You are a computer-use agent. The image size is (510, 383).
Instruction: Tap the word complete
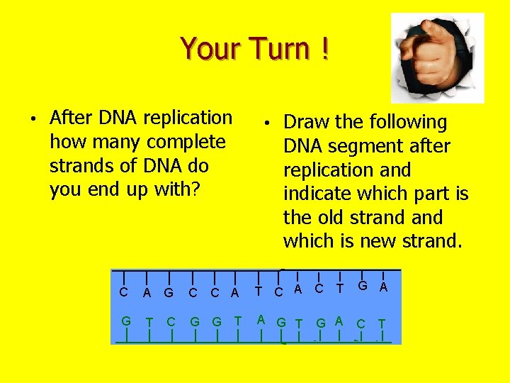pyautogui.click(x=186, y=142)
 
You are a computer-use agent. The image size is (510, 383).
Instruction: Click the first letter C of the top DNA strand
pyautogui.click(x=124, y=292)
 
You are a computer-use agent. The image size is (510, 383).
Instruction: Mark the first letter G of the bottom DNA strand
pyautogui.click(x=126, y=321)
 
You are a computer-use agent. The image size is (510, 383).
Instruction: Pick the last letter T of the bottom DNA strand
pyautogui.click(x=382, y=323)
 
